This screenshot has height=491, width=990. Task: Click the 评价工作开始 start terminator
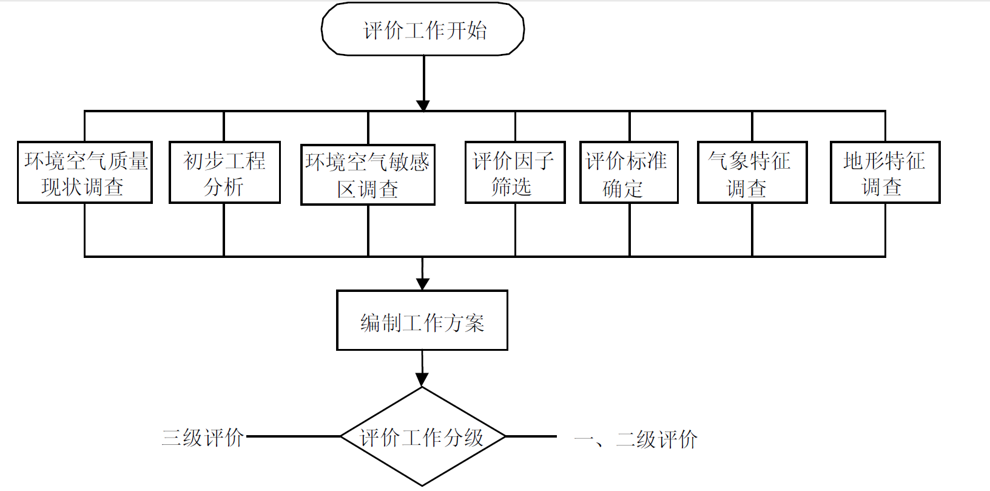pos(423,30)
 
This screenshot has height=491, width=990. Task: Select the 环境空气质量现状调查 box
pos(84,172)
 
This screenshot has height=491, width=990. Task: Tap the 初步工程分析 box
pos(224,172)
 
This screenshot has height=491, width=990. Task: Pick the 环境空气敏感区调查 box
pos(368,175)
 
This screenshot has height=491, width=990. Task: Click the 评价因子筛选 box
pos(514,172)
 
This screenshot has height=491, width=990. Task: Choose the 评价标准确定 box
pos(628,172)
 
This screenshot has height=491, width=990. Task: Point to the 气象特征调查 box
pos(752,172)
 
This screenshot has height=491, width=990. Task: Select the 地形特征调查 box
pos(884,172)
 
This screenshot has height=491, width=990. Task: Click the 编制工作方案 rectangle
pos(422,320)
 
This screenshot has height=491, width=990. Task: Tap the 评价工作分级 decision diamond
pos(422,436)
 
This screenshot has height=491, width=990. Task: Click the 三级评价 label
pos(203,438)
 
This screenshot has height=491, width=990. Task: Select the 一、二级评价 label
pos(635,439)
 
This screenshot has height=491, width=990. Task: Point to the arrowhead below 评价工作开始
pos(423,106)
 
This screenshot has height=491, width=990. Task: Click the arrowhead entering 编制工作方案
pos(423,283)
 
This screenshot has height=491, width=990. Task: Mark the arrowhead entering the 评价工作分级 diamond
pos(422,380)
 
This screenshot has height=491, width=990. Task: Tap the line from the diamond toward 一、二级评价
pos(531,436)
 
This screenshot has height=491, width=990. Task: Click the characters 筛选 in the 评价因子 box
pos(511,187)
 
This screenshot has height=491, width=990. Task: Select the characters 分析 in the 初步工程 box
pos(224,187)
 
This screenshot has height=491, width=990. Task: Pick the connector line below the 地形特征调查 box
pos(885,229)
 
